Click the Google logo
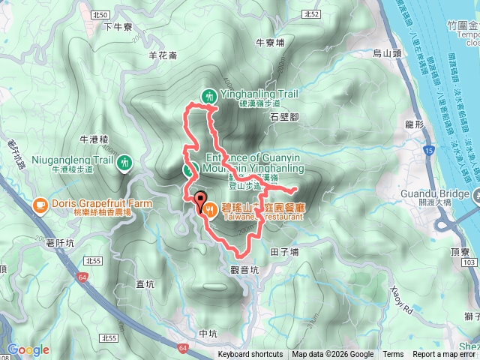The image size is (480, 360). tap(28, 349)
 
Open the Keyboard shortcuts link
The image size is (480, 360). tap(250, 355)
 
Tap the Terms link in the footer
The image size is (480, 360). tap(393, 355)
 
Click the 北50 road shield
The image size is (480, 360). tap(103, 14)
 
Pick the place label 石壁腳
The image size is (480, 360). tap(284, 117)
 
